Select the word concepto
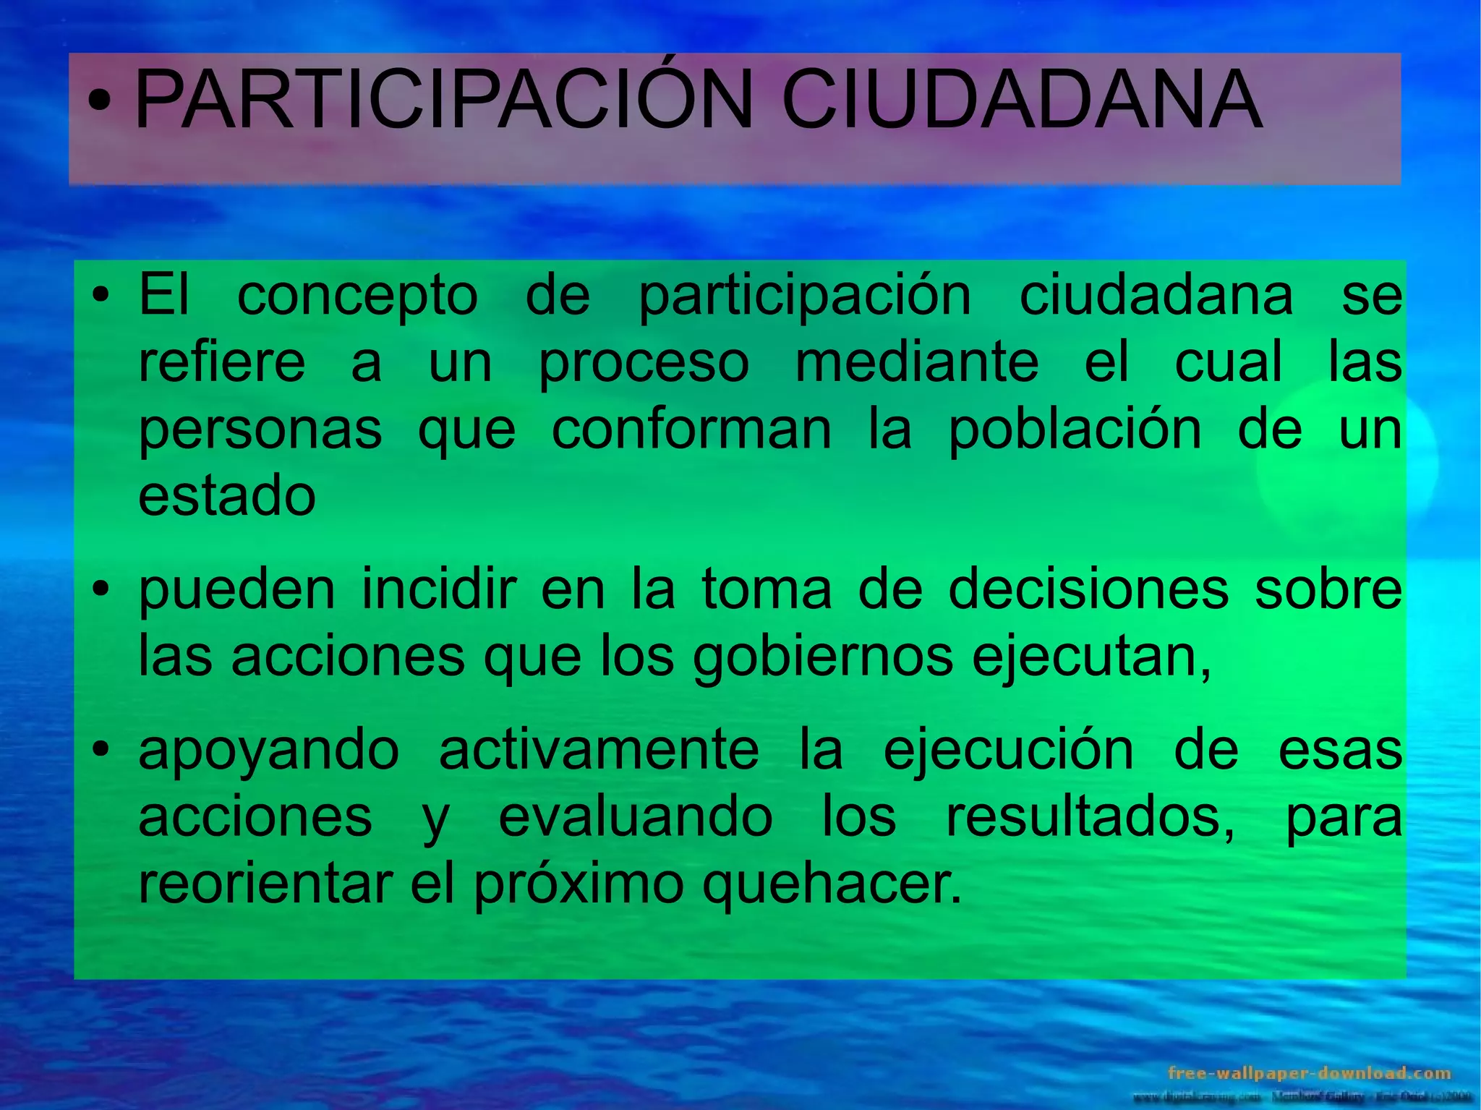click(x=357, y=296)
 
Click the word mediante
click(x=917, y=362)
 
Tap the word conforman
click(x=691, y=429)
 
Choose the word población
click(x=1075, y=429)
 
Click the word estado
click(x=227, y=496)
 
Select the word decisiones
click(x=1088, y=589)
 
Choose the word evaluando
click(x=636, y=817)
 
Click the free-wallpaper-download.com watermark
click(x=1309, y=1073)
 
